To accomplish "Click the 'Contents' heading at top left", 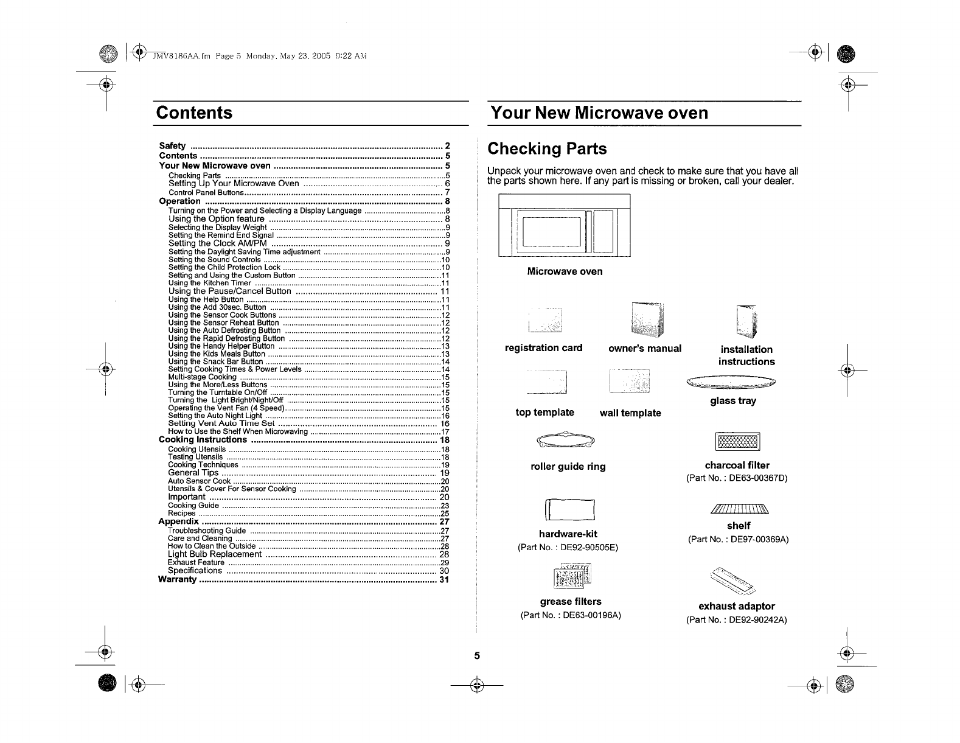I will coord(195,113).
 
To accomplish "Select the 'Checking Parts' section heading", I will coord(548,149).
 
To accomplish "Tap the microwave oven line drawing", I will coord(564,226).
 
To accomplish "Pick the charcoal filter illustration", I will coord(738,442).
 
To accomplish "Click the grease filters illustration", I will coord(571,577).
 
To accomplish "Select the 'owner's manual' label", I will coord(645,349).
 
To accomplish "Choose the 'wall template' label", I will coord(630,413).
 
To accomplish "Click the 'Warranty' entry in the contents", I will coord(178,579).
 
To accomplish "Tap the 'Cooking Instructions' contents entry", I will coord(203,440).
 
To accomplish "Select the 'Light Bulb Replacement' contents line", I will coord(215,554).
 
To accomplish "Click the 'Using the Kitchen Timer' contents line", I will coord(210,283).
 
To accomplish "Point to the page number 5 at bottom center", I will coord(478,656).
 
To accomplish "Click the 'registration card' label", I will coord(543,348).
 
